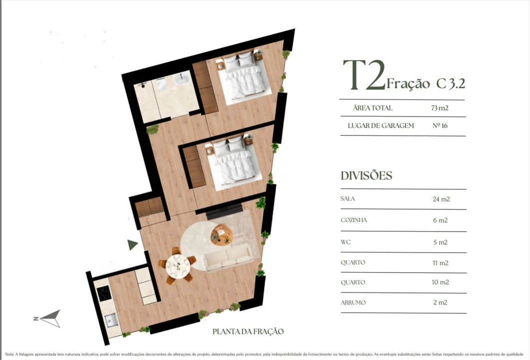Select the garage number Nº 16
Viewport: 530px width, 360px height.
(440, 125)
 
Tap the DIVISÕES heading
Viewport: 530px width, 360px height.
(366, 175)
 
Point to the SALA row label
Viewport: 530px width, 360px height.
(348, 198)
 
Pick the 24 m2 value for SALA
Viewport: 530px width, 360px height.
(441, 199)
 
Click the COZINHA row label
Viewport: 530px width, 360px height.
(354, 220)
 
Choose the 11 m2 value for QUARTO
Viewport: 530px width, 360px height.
(440, 262)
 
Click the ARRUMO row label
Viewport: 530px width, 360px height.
(353, 302)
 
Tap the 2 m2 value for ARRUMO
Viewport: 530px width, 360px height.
(440, 302)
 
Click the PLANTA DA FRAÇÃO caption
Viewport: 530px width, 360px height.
(248, 331)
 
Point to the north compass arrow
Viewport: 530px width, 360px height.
(50, 318)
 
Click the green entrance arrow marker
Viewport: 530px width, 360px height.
(132, 244)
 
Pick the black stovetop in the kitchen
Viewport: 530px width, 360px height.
(104, 293)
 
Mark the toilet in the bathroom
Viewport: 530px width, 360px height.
(162, 86)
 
